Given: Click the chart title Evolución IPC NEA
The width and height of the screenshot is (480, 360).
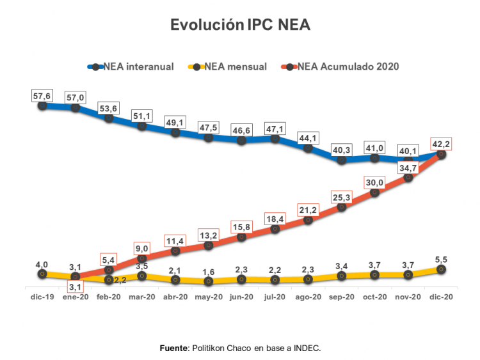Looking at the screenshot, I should tap(240, 25).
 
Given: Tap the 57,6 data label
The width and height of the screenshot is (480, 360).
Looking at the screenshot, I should tap(42, 97).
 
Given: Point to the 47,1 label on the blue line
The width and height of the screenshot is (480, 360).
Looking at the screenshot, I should tap(275, 129).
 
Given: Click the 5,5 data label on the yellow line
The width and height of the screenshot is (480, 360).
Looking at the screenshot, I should tap(442, 260).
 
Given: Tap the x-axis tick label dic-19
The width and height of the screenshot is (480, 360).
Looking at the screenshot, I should tap(42, 297).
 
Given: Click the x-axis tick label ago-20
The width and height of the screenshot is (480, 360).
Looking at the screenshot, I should tap(308, 297).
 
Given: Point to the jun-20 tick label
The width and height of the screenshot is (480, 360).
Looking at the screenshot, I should tap(241, 297).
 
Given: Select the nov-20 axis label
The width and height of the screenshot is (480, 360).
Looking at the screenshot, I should tap(408, 297).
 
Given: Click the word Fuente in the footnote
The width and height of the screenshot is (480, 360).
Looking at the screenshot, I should tap(173, 348).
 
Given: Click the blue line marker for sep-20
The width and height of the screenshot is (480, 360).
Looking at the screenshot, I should tap(341, 160).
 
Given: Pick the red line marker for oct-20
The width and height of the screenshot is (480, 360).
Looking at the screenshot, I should tap(374, 192).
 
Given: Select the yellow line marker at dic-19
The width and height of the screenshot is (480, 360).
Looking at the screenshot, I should tap(42, 274).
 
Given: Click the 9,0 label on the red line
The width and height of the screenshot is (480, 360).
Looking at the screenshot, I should tap(142, 247).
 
